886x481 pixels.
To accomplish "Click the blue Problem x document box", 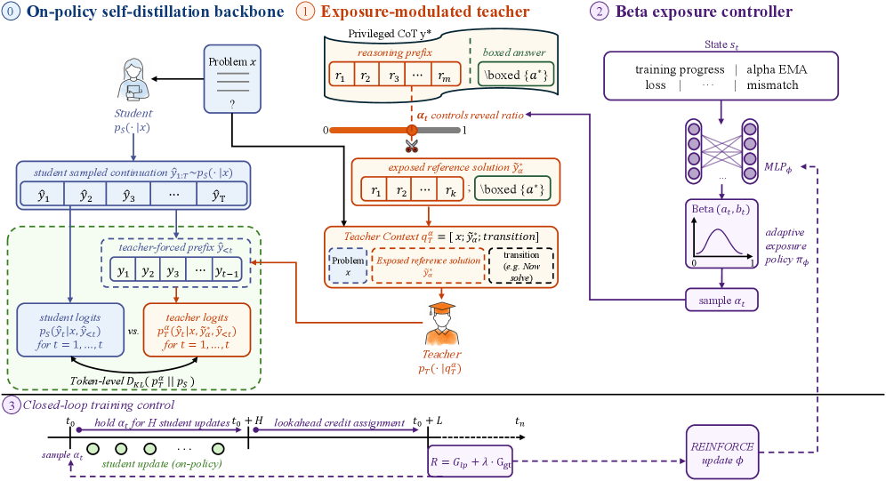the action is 232,79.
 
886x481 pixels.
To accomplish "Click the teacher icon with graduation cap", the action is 441,324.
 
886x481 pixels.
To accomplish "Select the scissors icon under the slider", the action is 411,146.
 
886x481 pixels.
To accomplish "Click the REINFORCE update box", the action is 722,453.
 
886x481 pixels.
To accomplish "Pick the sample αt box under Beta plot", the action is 721,301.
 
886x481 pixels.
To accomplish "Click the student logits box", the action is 70,330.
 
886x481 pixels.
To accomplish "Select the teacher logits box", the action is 197,330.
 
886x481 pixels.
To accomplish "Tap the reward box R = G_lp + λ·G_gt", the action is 471,461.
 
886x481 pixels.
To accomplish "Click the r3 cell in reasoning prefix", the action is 393,75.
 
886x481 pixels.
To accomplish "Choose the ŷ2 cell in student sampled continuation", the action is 86,196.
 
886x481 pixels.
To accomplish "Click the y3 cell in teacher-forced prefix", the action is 173,271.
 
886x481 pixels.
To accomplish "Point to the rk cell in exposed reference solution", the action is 450,189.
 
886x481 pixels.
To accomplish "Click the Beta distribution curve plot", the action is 721,234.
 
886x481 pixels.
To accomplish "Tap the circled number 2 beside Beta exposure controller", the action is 599,12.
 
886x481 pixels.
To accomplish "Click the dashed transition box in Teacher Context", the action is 521,265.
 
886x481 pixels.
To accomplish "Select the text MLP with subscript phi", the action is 778,167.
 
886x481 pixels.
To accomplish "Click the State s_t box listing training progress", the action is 721,76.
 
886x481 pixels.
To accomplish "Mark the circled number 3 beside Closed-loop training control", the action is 11,405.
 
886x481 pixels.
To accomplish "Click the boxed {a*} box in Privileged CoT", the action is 513,75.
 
